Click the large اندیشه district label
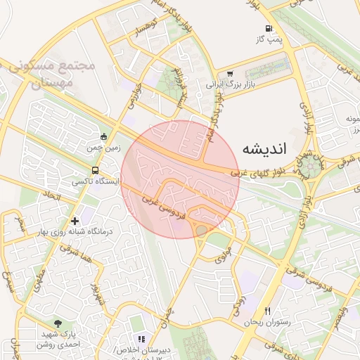tap(264, 148)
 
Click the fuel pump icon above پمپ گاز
tap(269, 29)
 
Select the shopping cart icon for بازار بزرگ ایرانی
tap(230, 73)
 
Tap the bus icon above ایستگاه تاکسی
tap(95, 170)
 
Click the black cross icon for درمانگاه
tap(75, 221)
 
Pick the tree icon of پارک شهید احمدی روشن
tap(58, 323)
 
